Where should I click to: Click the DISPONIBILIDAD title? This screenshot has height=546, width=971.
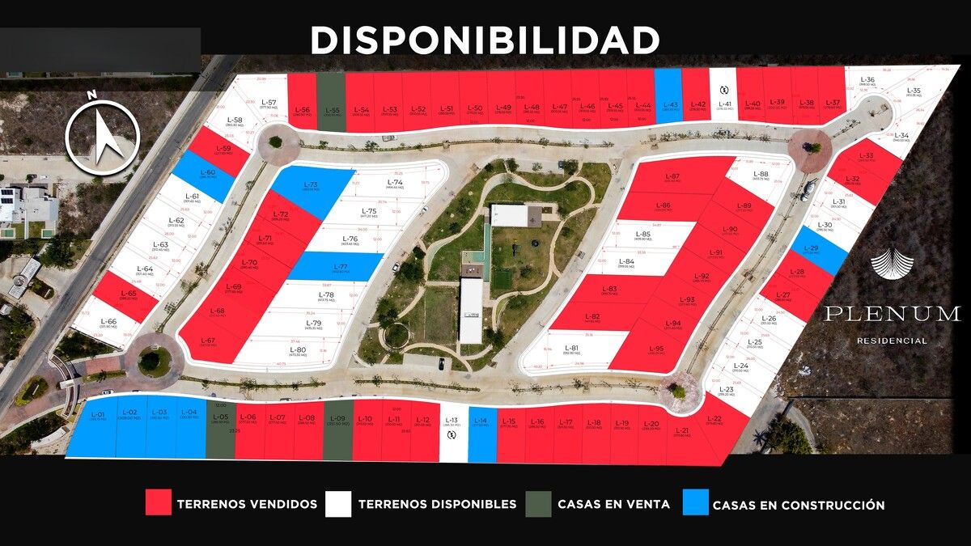click(485, 40)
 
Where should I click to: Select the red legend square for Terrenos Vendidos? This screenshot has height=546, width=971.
click(159, 502)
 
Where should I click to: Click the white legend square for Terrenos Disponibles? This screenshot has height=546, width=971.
click(338, 502)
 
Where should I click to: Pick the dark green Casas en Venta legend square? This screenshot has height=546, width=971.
click(538, 502)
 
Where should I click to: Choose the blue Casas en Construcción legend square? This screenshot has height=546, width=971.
click(695, 502)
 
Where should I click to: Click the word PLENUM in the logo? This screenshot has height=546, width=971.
click(892, 314)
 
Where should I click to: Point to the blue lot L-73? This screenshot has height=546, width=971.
click(312, 189)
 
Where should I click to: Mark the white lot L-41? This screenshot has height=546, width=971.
click(723, 97)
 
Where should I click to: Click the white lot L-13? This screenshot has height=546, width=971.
click(453, 433)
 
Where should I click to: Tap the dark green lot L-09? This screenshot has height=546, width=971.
click(337, 429)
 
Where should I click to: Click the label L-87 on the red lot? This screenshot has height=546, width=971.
click(672, 177)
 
